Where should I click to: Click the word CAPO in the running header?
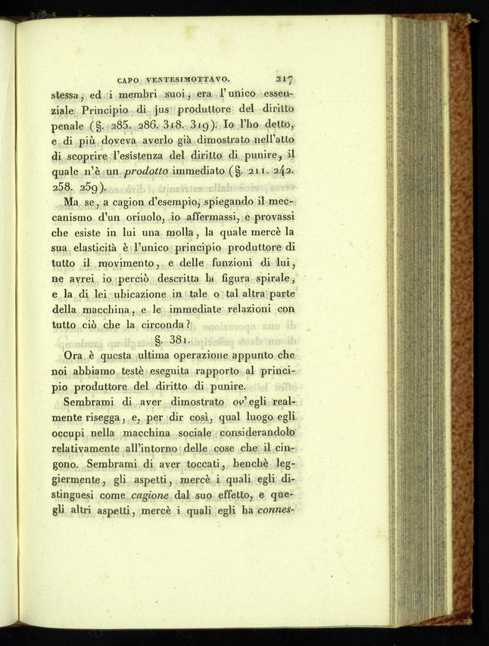coord(132,78)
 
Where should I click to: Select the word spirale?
coord(273,278)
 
